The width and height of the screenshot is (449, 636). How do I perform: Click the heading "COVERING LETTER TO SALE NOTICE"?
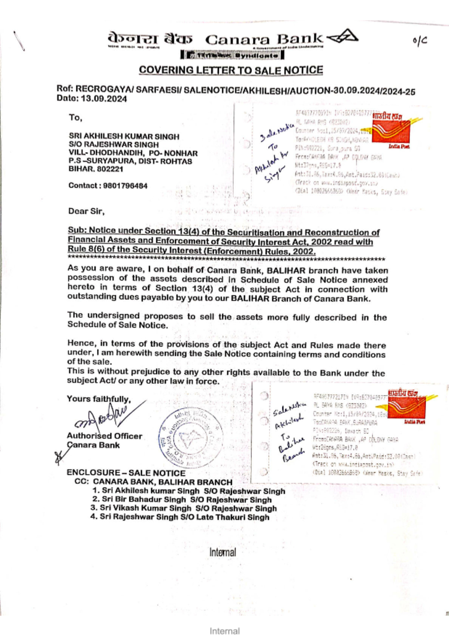pyautogui.click(x=231, y=70)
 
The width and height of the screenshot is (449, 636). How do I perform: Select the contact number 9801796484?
pyautogui.click(x=125, y=185)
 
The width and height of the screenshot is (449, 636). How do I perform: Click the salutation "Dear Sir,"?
pyautogui.click(x=86, y=211)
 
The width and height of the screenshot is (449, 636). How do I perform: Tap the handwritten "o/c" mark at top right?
pyautogui.click(x=419, y=41)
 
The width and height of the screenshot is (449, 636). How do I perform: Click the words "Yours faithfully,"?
pyautogui.click(x=99, y=399)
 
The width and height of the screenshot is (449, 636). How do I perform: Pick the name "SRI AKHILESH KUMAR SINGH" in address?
pyautogui.click(x=124, y=136)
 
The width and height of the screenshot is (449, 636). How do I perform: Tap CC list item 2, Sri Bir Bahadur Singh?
pyautogui.click(x=182, y=500)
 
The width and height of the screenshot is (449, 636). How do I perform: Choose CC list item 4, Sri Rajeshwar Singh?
pyautogui.click(x=180, y=517)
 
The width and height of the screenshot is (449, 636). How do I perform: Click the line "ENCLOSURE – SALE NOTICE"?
pyautogui.click(x=126, y=473)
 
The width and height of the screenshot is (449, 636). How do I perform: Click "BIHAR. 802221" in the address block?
pyautogui.click(x=96, y=169)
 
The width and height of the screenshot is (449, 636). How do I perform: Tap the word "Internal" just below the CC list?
pyautogui.click(x=223, y=553)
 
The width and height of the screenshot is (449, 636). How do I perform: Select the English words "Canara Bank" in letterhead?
pyautogui.click(x=264, y=39)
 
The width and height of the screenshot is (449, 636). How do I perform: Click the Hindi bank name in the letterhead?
pyautogui.click(x=150, y=39)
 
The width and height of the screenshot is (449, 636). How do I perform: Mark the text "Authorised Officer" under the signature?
pyautogui.click(x=104, y=436)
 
